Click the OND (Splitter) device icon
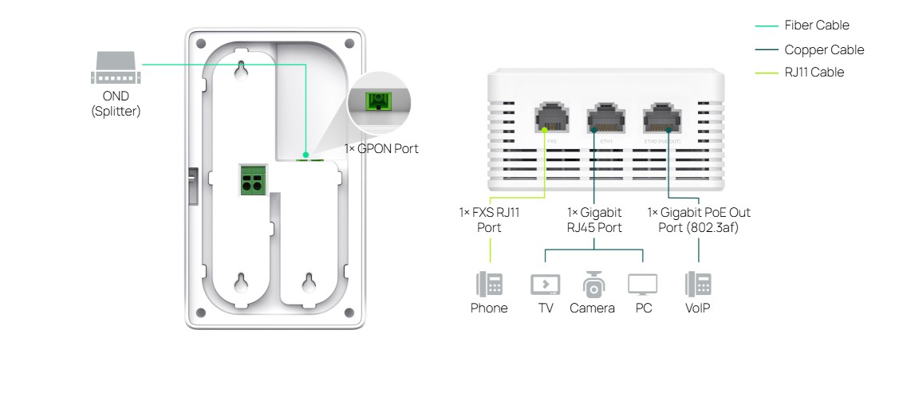click(x=116, y=69)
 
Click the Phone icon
click(x=489, y=285)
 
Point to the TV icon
click(x=545, y=285)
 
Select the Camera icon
click(x=593, y=285)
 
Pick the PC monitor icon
click(x=642, y=285)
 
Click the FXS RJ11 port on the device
click(x=550, y=118)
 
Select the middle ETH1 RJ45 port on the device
click(x=605, y=118)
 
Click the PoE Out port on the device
click(x=661, y=118)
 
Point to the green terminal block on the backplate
click(x=252, y=179)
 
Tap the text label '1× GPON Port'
click(x=380, y=148)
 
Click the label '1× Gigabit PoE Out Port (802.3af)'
click(x=699, y=220)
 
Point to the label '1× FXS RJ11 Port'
click(x=489, y=220)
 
